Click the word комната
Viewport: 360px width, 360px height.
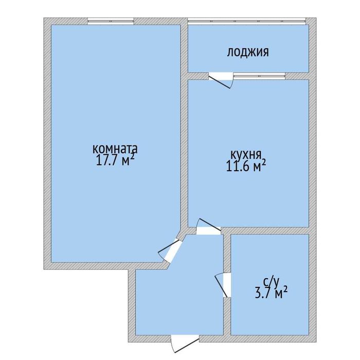tap(115, 149)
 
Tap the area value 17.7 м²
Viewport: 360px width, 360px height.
tap(115, 160)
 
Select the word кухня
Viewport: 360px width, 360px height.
tap(246, 155)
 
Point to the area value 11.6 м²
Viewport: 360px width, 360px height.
tap(246, 166)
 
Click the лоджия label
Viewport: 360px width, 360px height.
tap(248, 52)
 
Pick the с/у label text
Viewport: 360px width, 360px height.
tap(271, 282)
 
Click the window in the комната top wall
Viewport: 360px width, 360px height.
tap(111, 21)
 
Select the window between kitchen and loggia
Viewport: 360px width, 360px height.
tap(259, 76)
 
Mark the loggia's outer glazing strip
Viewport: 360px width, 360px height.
tap(247, 21)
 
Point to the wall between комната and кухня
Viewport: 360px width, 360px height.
tap(184, 127)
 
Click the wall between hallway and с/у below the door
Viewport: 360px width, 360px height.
tap(227, 316)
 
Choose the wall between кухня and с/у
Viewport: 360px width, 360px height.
tap(265, 230)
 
